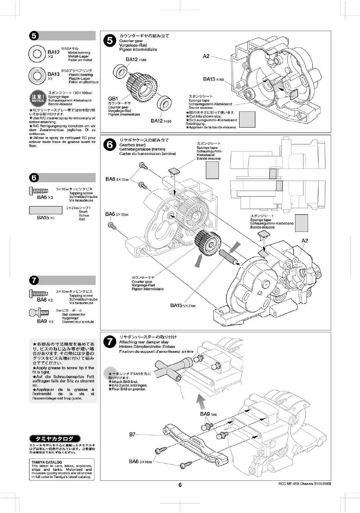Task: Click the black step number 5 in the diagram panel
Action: coord(110,41)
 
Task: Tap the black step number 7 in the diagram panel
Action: coord(110,341)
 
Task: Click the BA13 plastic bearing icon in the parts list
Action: coord(38,76)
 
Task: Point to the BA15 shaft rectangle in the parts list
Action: coord(46,210)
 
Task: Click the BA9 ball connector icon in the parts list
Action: coord(39,313)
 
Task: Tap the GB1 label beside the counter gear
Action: coord(113,99)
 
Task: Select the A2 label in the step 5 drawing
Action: coord(206,56)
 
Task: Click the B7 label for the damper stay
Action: coord(132,434)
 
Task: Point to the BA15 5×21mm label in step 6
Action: coord(183,305)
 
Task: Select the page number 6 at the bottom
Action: coord(180,485)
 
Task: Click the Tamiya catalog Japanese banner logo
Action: coord(55,438)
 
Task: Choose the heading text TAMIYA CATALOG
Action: coord(47,462)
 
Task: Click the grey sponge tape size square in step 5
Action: coord(247,119)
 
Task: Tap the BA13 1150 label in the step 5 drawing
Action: coord(213,79)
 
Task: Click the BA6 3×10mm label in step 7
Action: coord(140,461)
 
